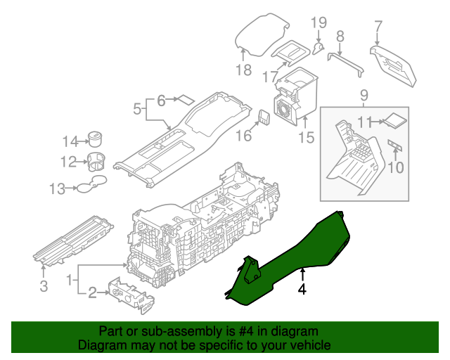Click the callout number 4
pos(302,288)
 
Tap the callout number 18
pos(243,70)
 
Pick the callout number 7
pos(378,27)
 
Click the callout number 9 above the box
pos(364,94)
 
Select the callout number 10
pos(397,167)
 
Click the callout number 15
pos(306,138)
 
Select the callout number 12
pos(67,162)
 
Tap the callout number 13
pos(57,188)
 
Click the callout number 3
pos(44,285)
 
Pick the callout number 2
pos(91,293)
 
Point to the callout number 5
pos(137,109)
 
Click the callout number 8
pos(340,37)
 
